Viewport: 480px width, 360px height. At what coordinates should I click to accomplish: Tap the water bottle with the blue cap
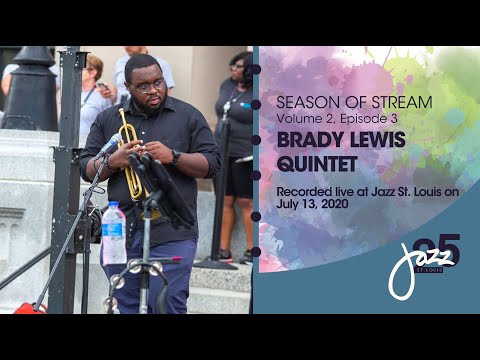(x=114, y=235)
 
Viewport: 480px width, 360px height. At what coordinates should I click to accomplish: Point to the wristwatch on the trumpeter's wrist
(x=177, y=157)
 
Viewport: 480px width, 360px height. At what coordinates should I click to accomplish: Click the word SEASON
(x=302, y=102)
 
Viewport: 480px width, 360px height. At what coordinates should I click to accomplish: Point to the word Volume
(x=299, y=118)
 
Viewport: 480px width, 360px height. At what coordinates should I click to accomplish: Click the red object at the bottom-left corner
(x=28, y=308)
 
